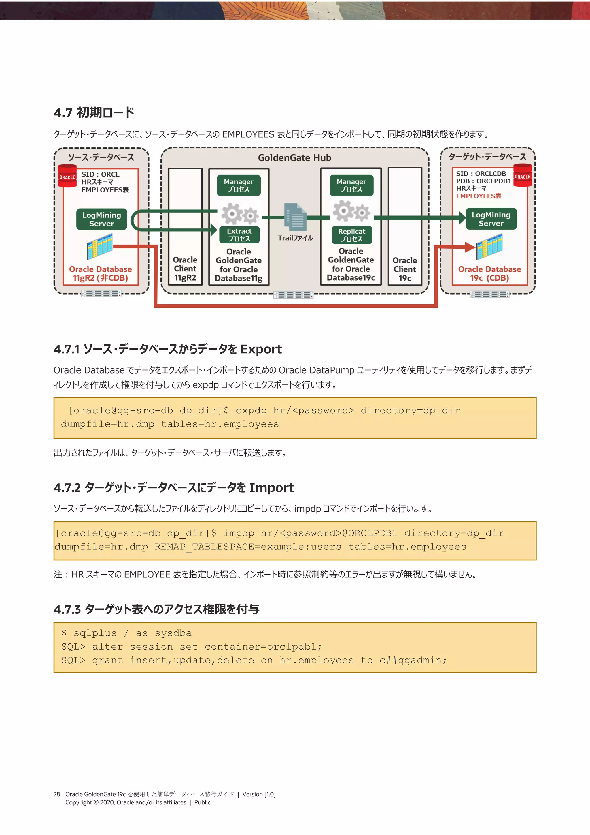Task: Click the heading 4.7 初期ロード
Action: pos(94,112)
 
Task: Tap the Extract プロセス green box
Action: pos(239,235)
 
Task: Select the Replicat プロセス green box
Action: pos(351,235)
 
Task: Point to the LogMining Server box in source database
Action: pos(101,219)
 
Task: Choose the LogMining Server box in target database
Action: pos(491,219)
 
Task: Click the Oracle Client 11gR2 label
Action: pos(185,269)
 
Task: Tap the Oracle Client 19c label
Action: pos(404,269)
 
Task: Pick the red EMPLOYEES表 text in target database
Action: pos(479,196)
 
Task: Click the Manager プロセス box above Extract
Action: pos(239,185)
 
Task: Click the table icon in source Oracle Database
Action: pos(100,246)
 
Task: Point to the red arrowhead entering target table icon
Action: pos(470,247)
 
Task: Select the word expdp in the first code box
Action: pos(251,411)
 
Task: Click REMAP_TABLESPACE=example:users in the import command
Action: pos(248,547)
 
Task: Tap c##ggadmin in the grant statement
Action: pos(413,661)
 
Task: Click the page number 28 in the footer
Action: pos(57,794)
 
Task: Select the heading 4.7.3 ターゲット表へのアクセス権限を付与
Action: pos(156,609)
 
